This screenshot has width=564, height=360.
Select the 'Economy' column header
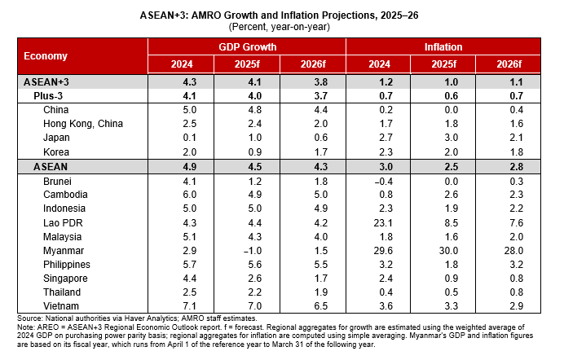[x=46, y=56]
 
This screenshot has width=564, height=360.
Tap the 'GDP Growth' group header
[x=247, y=47]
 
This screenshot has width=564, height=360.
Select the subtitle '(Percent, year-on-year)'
[x=282, y=26]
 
